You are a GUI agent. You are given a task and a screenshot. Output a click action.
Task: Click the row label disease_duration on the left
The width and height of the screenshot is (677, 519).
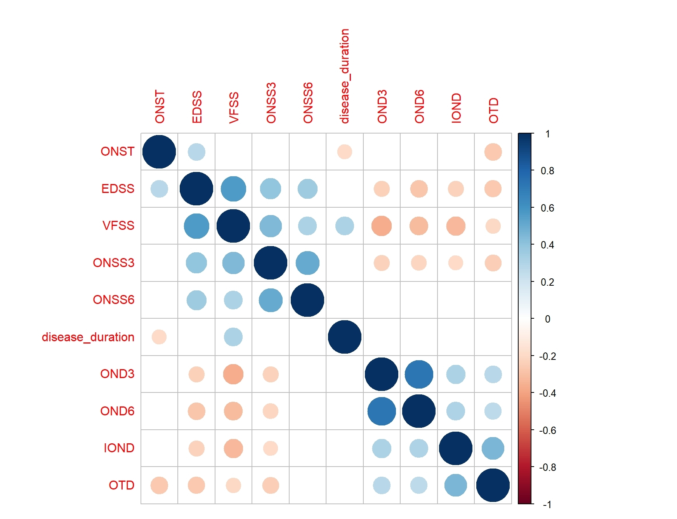click(x=88, y=337)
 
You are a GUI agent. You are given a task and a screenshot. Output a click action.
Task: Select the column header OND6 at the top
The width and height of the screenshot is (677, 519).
click(x=419, y=107)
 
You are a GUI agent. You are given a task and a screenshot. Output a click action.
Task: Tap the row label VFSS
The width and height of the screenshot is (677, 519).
click(x=118, y=226)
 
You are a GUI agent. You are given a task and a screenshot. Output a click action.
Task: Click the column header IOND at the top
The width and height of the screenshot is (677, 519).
click(x=456, y=108)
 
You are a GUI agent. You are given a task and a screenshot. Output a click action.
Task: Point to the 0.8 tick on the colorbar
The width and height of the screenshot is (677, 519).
click(x=547, y=171)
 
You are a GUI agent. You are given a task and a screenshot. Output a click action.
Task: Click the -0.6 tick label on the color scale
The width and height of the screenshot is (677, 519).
click(x=547, y=430)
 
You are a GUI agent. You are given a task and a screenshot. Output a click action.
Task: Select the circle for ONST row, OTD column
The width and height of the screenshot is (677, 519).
click(x=493, y=152)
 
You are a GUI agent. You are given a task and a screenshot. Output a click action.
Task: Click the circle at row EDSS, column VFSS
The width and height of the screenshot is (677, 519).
click(x=233, y=189)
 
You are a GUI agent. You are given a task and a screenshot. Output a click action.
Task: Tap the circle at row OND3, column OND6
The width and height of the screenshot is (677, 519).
click(x=419, y=374)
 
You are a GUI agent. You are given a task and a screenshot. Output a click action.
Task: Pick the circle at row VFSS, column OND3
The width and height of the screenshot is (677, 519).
click(x=382, y=226)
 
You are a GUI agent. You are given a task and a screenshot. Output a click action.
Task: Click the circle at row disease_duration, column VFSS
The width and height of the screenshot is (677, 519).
click(x=233, y=337)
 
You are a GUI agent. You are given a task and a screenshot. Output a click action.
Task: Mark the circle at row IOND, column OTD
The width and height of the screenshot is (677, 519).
click(x=493, y=448)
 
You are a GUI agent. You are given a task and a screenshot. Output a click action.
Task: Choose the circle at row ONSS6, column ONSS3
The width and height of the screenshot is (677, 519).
click(x=271, y=300)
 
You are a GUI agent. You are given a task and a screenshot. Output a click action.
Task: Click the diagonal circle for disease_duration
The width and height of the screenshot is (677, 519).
click(x=345, y=337)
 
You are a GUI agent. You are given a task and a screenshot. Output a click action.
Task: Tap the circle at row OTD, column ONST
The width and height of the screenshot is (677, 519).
click(x=159, y=485)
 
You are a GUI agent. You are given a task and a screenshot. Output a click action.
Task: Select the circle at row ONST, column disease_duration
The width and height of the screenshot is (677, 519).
click(x=345, y=152)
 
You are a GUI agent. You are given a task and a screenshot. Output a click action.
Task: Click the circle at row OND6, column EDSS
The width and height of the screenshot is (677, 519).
click(x=196, y=411)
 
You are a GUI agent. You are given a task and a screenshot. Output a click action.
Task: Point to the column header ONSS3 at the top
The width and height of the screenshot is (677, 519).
click(x=271, y=103)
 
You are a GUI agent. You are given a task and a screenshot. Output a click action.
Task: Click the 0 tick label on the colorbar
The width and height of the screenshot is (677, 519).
click(x=547, y=319)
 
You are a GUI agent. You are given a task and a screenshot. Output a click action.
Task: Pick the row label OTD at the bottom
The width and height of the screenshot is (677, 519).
click(x=122, y=485)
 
